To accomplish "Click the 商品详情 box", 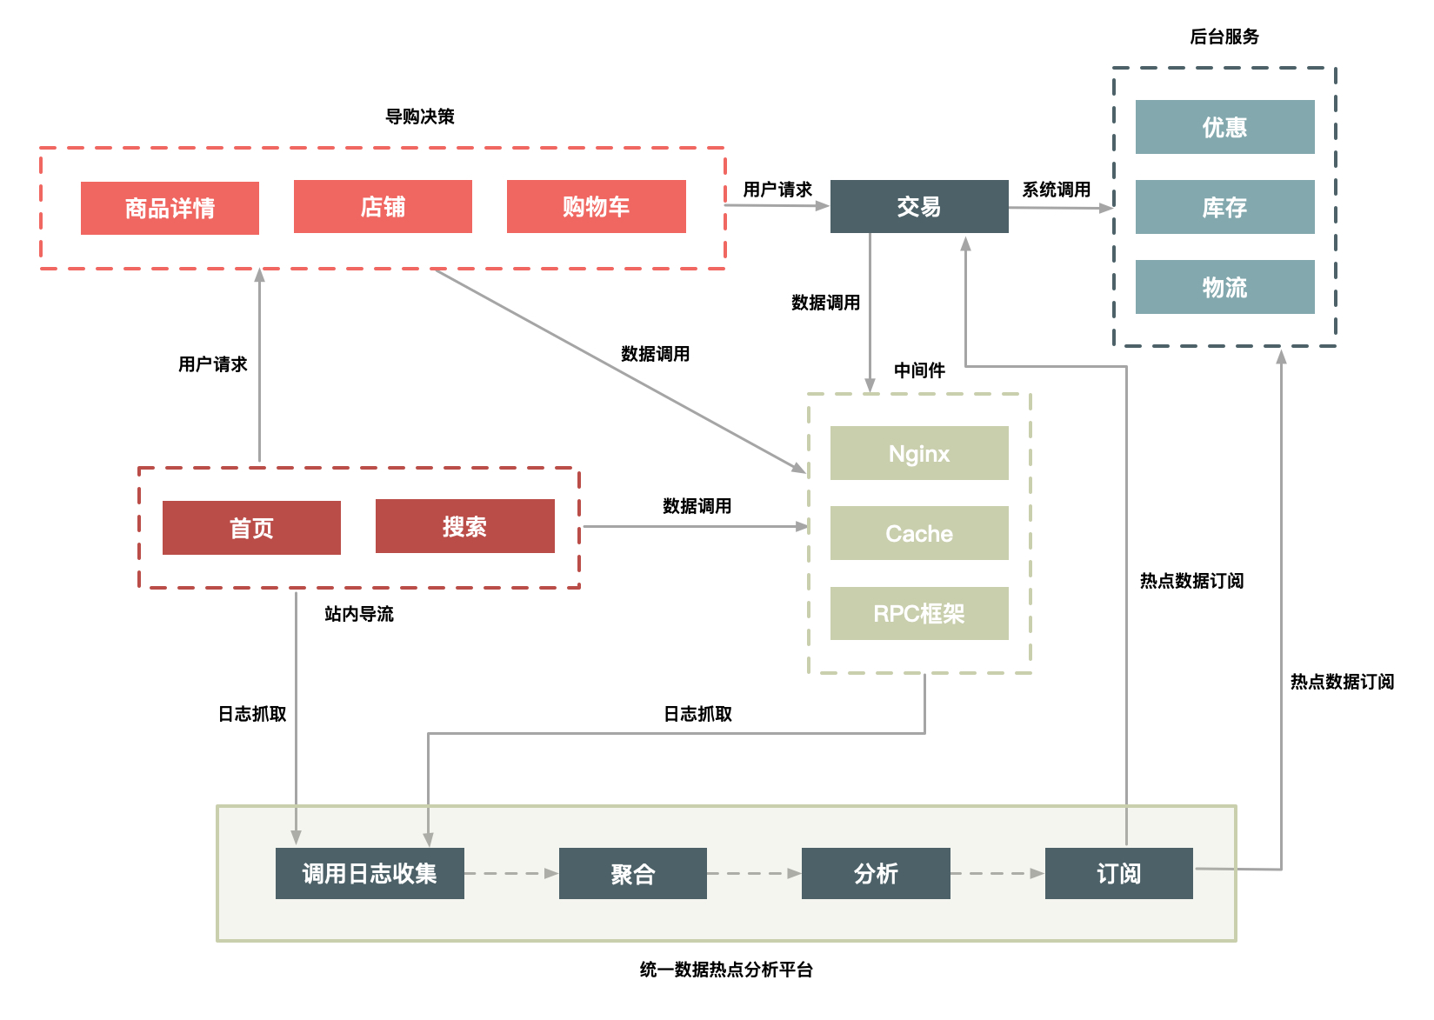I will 170,208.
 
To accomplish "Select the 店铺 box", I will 383,206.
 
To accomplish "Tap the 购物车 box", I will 596,206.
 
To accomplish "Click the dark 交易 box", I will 919,206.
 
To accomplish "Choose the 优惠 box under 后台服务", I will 1224,127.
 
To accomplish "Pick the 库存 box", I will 1224,207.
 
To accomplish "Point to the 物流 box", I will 1224,287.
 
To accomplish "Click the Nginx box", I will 919,453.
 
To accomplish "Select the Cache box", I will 919,533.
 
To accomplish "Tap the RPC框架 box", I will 919,613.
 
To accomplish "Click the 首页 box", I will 251,528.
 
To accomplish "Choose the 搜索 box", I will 464,526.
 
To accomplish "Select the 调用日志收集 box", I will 370,873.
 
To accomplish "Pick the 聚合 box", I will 632,873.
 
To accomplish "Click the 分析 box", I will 876,873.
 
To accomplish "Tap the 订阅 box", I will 1118,873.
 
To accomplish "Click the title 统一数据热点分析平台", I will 726,970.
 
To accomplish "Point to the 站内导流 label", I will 358,614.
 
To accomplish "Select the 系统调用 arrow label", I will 1056,190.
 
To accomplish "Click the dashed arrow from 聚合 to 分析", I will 754,873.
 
